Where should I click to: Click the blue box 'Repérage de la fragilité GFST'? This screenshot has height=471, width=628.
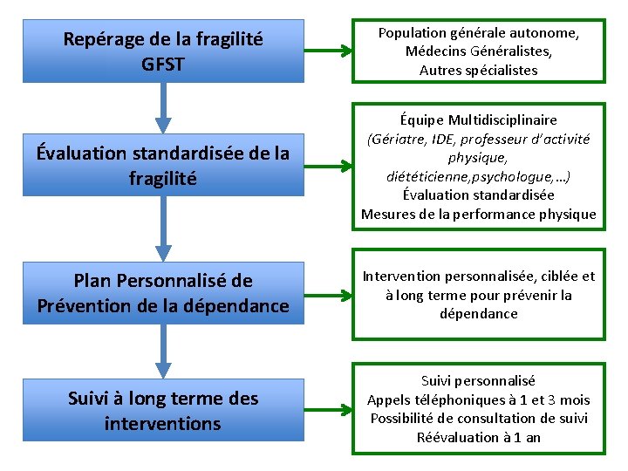coord(163,51)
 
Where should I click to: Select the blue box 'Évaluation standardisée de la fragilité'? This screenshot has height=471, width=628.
coord(163,165)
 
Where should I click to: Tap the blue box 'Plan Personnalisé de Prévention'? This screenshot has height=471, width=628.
coord(163,293)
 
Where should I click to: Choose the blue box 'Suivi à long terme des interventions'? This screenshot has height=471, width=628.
coord(163,411)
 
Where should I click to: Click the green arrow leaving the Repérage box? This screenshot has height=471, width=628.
coord(328,51)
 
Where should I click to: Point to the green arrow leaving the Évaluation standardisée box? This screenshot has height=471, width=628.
coord(328,165)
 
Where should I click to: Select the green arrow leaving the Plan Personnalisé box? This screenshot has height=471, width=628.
coord(328,293)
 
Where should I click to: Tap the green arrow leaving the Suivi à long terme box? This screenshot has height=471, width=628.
coord(328,411)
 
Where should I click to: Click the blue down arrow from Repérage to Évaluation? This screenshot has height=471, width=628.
coord(163,106)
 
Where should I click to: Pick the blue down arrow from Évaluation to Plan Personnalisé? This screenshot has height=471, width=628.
coord(163,229)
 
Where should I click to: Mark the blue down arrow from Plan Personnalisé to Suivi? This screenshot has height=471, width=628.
coord(163,351)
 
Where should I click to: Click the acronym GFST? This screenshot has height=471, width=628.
coord(163,64)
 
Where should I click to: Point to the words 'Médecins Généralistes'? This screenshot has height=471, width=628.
coord(478,51)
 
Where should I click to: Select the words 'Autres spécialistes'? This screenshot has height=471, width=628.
coord(478,70)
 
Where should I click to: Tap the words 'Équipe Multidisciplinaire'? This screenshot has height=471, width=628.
coord(478,119)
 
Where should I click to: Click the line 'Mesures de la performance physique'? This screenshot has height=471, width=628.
coord(478,214)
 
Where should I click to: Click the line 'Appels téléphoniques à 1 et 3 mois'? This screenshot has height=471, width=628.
coord(478,399)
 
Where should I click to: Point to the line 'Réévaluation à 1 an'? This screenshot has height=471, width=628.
coord(478,437)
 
